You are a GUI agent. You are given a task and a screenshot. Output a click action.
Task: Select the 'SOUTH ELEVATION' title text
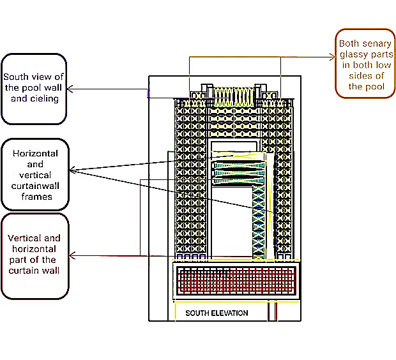pyautogui.click(x=217, y=313)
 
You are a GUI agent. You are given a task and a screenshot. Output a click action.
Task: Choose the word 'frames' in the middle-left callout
pyautogui.click(x=36, y=197)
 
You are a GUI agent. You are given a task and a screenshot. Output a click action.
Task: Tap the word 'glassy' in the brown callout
pyautogui.click(x=352, y=54)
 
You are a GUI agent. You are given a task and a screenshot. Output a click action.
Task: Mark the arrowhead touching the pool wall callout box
pyautogui.click(x=71, y=89)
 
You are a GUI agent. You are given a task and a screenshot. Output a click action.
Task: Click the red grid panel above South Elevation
pyautogui.click(x=236, y=280)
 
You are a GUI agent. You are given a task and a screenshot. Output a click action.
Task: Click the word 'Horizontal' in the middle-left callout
pyautogui.click(x=36, y=154)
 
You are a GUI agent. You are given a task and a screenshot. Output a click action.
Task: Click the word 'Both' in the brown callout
pyautogui.click(x=349, y=44)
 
